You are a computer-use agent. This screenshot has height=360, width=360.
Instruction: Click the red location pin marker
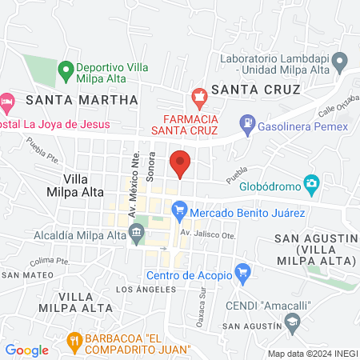[181, 162]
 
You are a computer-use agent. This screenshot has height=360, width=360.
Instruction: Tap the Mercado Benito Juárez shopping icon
[179, 212]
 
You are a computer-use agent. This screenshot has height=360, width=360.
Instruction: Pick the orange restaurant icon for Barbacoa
[74, 341]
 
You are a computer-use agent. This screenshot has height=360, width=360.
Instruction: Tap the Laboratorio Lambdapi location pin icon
[340, 60]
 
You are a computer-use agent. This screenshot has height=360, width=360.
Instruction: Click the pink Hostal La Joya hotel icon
[7, 102]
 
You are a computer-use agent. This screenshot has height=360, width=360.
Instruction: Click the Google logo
[27, 350]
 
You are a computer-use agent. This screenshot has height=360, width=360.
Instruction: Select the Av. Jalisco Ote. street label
[208, 234]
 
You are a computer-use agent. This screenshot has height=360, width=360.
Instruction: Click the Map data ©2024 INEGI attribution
[311, 354]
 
